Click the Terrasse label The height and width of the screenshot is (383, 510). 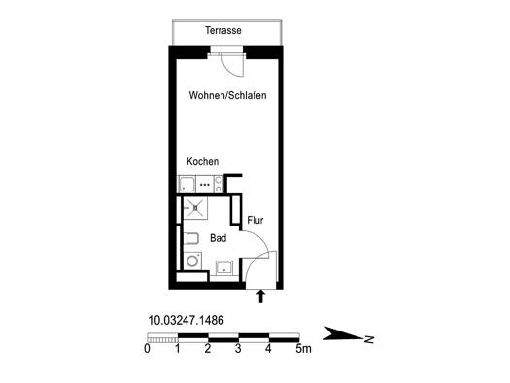223,30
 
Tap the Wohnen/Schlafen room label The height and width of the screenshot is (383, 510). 227,95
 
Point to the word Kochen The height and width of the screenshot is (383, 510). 202,161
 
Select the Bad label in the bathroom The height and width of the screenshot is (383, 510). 218,238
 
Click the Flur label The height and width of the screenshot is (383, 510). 255,220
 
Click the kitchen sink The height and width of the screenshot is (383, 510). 187,185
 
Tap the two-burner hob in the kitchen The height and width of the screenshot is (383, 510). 218,184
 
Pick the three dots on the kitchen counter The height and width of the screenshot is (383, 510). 205,185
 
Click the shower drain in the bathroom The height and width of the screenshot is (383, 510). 195,208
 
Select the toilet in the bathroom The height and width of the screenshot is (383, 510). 191,239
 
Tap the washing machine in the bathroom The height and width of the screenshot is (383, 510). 192,261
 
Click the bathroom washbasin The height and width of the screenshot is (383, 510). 224,267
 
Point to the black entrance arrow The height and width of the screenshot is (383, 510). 260,296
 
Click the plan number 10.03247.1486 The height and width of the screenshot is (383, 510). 187,320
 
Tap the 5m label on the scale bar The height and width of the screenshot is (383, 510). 303,349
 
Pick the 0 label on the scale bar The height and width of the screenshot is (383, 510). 147,349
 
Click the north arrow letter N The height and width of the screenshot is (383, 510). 369,339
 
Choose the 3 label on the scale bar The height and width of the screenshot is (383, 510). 238,349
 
